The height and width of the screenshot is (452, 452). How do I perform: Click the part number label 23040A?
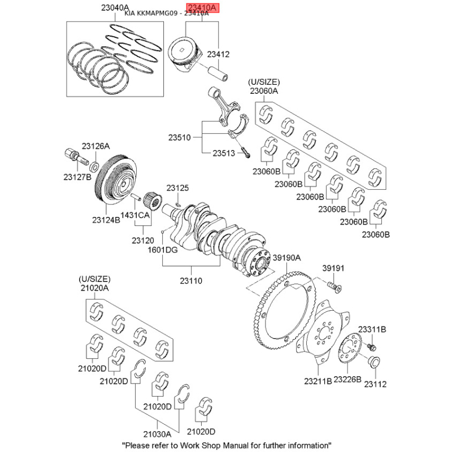[x=115, y=8]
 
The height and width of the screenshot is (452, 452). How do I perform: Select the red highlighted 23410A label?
[x=202, y=7]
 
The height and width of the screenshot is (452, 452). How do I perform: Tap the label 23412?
[x=218, y=55]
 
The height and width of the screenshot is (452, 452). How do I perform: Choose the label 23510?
[x=180, y=137]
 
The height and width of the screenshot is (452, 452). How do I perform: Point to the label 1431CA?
[x=136, y=215]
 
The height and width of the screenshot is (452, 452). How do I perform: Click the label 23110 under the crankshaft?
[x=191, y=280]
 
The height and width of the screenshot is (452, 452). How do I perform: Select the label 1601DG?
[x=162, y=249]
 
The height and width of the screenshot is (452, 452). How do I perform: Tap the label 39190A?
[x=287, y=258]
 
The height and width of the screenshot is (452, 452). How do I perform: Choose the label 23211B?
[x=318, y=381]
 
